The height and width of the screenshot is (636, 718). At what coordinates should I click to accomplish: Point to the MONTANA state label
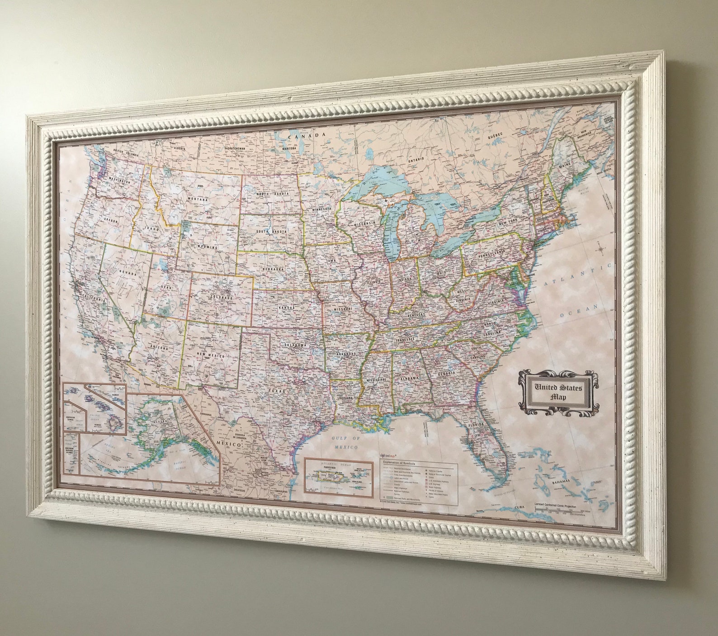tap(198, 199)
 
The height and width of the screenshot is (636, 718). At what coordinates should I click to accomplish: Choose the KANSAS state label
tap(286, 308)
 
